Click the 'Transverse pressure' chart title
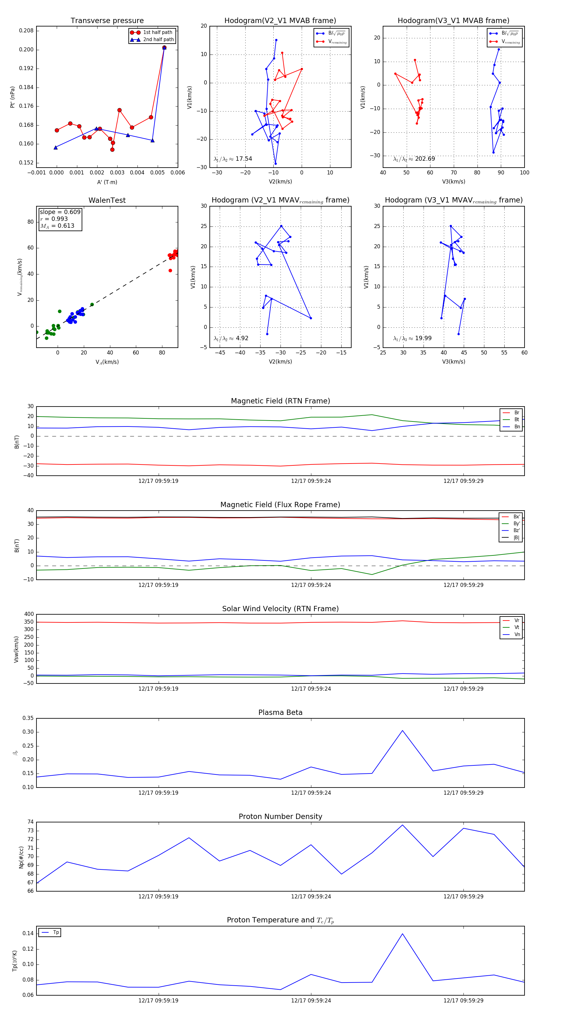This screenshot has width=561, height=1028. [107, 21]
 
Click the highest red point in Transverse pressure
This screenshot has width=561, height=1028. [164, 47]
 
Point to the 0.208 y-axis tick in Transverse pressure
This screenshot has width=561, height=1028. [26, 31]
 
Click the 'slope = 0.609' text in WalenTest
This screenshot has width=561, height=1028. [60, 212]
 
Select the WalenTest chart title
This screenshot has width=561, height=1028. [107, 200]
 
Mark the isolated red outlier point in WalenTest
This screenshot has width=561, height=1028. [170, 271]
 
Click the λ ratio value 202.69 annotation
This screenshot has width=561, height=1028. [425, 159]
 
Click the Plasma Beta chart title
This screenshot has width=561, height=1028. [280, 713]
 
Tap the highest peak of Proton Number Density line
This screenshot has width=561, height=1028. [402, 825]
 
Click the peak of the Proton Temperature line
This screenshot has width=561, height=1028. [402, 934]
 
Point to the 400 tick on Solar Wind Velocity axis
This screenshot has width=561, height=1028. [29, 614]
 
